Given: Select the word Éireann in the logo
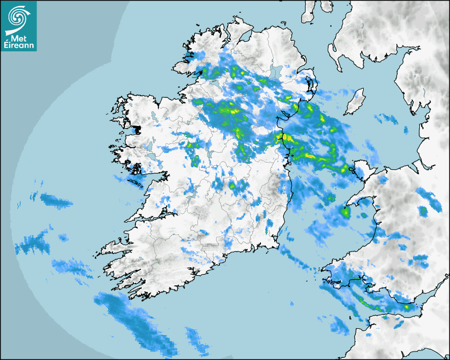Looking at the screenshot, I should [19, 46].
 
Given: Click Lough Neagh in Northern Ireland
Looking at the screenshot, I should [275, 72].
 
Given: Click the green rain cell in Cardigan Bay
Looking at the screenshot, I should [346, 213].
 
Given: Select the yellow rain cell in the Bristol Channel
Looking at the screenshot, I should [407, 306].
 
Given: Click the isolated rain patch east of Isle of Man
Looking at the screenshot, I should [385, 119].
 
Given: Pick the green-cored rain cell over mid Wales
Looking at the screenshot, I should [423, 211].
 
